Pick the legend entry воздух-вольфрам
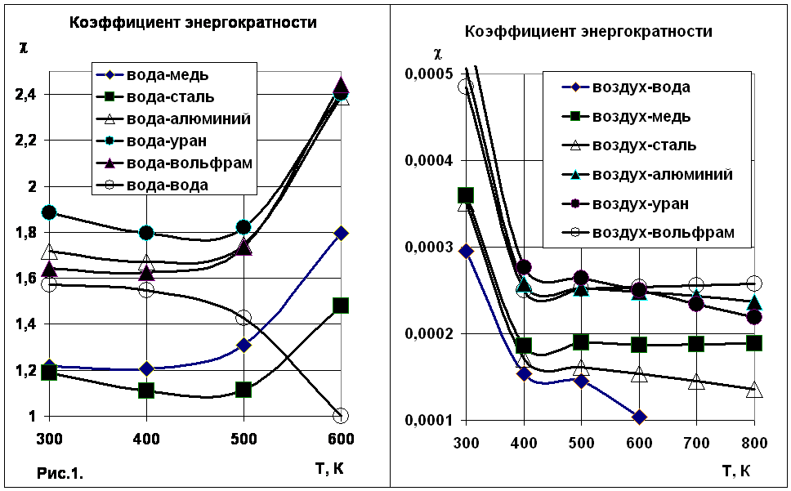(x=648, y=232)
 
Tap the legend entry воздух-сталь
(x=629, y=145)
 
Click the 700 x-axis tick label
(x=696, y=444)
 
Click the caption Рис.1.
(x=60, y=473)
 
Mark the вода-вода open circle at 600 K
(x=341, y=415)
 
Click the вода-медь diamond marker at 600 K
(x=341, y=233)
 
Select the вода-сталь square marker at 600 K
(x=341, y=306)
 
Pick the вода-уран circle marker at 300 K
(x=49, y=212)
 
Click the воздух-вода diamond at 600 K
(x=639, y=417)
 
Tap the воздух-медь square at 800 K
(x=754, y=343)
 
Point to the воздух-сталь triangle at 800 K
(x=754, y=389)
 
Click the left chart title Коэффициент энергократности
(x=193, y=23)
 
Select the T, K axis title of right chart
(x=736, y=471)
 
